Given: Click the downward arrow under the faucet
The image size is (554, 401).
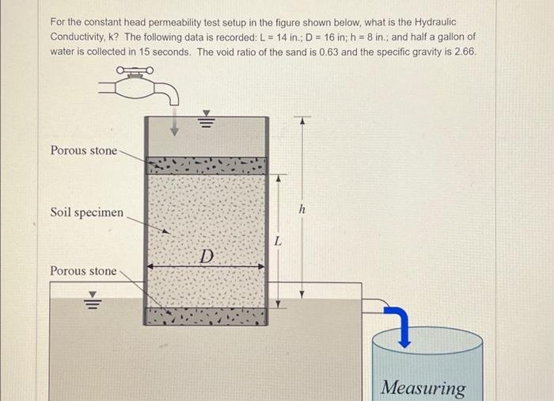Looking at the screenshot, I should (173, 126).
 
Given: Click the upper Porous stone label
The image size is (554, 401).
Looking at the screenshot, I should (83, 151).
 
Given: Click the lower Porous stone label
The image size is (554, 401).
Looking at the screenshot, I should (83, 271).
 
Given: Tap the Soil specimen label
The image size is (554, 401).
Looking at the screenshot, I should (87, 212).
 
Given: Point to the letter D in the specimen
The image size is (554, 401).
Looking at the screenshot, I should (207, 256).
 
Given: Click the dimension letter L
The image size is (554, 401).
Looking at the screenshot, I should (277, 241).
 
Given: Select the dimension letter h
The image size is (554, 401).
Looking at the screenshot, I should (302, 208).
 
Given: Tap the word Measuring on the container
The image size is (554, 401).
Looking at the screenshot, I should (423, 388).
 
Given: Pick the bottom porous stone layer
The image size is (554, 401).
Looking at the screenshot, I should (206, 316).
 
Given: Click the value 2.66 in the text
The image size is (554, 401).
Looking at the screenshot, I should (463, 52).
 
